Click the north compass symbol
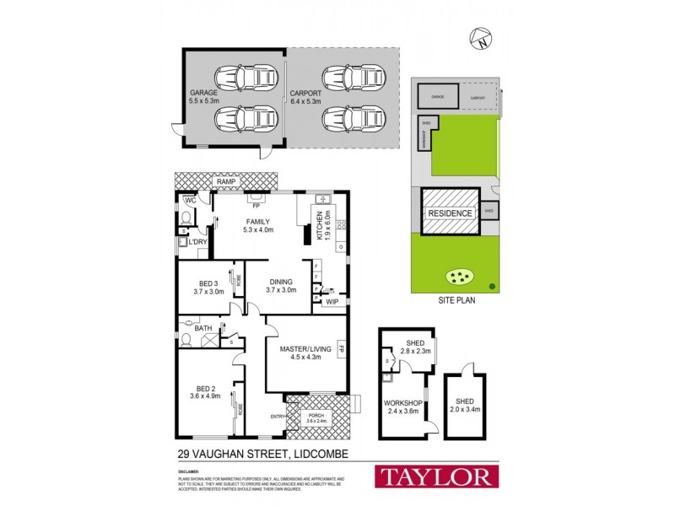[x=482, y=37]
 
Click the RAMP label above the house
[x=225, y=181]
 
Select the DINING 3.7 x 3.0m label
[x=280, y=286]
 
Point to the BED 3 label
[x=209, y=287]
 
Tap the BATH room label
[x=202, y=329]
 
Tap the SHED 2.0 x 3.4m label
[x=466, y=405]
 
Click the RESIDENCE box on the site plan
[x=450, y=213]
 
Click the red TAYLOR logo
[x=435, y=476]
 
